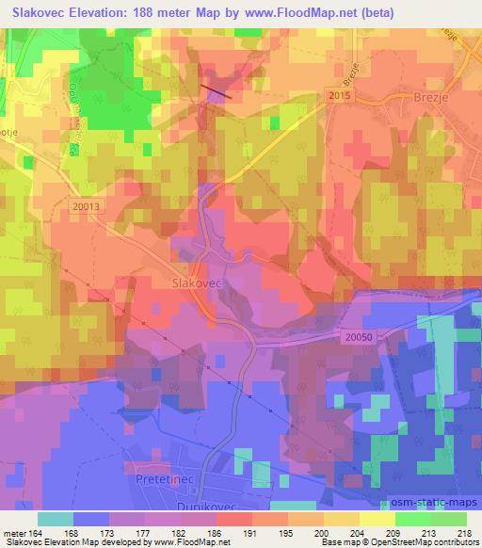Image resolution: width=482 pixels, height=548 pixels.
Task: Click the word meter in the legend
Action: pos(15,533)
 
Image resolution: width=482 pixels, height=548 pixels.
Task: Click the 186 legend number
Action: pos(213,533)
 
